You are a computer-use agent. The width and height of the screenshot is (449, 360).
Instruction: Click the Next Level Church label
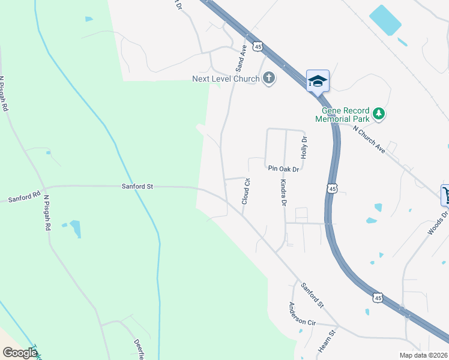coord(226,79)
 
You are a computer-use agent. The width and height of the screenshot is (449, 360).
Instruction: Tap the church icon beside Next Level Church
coord(268,78)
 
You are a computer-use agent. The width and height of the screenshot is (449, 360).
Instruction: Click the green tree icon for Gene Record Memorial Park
coord(378,113)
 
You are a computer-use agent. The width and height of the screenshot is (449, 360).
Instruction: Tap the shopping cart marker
coord(445,194)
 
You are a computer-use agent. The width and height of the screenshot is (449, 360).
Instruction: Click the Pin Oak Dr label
coord(283,169)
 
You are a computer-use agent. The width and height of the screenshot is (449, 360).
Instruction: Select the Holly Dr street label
coord(304,147)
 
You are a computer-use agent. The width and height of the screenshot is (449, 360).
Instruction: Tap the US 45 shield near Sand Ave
coord(258,46)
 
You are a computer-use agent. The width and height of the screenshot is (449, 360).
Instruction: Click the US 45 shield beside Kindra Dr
coord(332,189)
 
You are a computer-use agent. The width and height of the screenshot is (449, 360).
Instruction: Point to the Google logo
coord(20,353)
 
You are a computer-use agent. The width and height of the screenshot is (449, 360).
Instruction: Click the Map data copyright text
coord(423,355)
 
